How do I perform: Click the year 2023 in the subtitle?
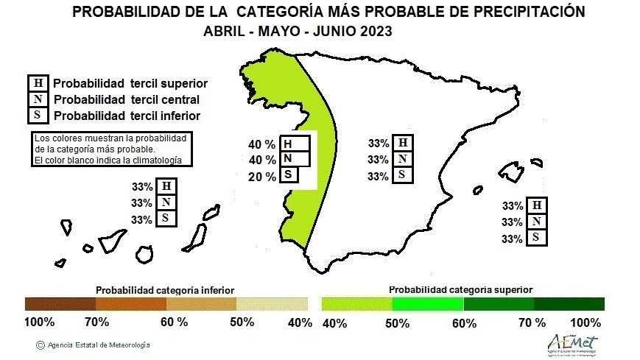[372, 32]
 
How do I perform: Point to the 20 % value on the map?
[263, 176]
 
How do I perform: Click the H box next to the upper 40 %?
[291, 144]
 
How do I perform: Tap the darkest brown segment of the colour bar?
[60, 304]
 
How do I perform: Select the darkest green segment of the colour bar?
[569, 304]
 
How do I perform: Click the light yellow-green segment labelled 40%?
[356, 304]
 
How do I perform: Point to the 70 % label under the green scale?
[531, 322]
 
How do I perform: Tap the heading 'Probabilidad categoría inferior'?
[165, 290]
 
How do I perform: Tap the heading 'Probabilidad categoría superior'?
[460, 290]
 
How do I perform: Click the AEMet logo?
[572, 343]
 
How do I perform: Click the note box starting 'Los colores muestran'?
[110, 149]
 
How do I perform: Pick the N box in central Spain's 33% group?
[401, 159]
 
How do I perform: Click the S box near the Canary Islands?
[166, 219]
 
